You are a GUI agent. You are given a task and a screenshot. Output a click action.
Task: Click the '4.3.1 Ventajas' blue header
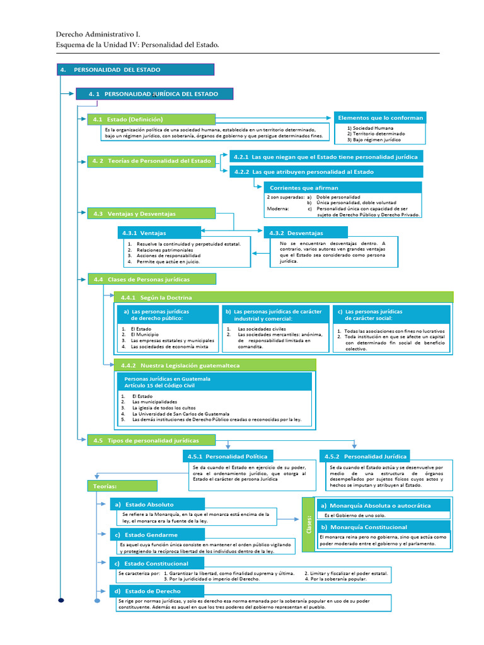158,233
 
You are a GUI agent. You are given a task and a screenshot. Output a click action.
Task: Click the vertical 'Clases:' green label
309,524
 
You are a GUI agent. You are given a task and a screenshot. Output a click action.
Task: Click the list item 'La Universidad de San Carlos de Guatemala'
181,413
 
